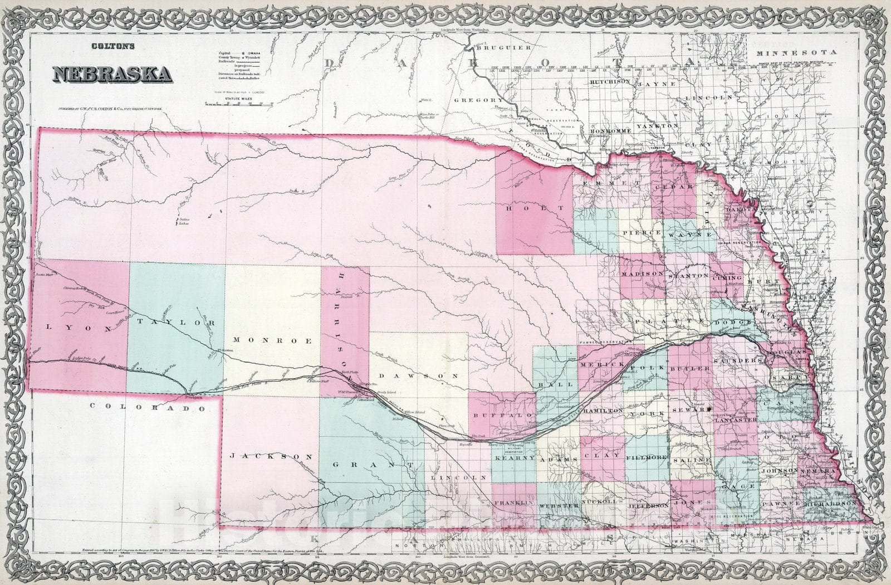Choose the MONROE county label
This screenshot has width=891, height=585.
(x=272, y=340)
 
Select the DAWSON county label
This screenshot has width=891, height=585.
(x=425, y=376)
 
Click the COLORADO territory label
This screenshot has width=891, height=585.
(x=147, y=407)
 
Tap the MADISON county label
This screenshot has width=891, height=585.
(x=642, y=274)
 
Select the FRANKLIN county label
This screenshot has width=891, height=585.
(x=513, y=503)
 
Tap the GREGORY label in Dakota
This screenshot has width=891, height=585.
(x=479, y=100)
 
